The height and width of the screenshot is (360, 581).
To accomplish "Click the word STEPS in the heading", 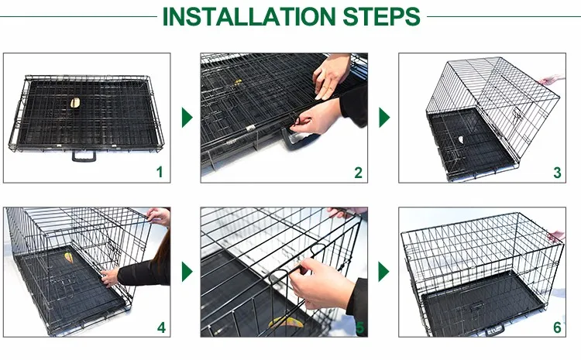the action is pyautogui.click(x=382, y=17).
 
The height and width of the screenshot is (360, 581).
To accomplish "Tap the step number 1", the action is pyautogui.click(x=160, y=172).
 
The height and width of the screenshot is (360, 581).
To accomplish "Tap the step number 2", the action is pyautogui.click(x=358, y=173).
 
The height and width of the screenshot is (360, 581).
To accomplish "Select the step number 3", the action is pyautogui.click(x=557, y=173).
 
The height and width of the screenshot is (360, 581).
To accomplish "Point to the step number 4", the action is pyautogui.click(x=161, y=327).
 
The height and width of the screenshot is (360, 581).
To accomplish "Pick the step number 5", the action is pyautogui.click(x=359, y=327).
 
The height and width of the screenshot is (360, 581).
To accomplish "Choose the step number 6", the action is pyautogui.click(x=557, y=327).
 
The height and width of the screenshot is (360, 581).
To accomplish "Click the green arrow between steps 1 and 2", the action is pyautogui.click(x=187, y=118).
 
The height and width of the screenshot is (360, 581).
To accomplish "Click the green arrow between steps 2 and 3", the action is pyautogui.click(x=384, y=118).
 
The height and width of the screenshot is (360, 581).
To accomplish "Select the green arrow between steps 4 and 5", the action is pyautogui.click(x=187, y=272).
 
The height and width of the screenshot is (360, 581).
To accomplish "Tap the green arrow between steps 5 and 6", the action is pyautogui.click(x=383, y=272).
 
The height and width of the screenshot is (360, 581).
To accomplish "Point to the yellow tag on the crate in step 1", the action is pyautogui.click(x=75, y=103).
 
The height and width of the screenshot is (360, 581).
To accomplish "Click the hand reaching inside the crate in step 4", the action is pyautogui.click(x=110, y=277).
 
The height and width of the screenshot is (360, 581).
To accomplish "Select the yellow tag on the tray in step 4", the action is pyautogui.click(x=68, y=257).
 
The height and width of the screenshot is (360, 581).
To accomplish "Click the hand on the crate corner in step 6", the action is pyautogui.click(x=556, y=236).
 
